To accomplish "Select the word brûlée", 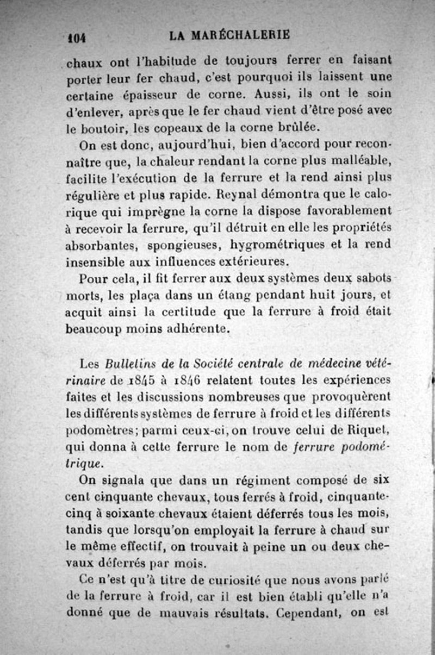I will pyautogui.click(x=284, y=129).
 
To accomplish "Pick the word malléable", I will pyautogui.click(x=355, y=161).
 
